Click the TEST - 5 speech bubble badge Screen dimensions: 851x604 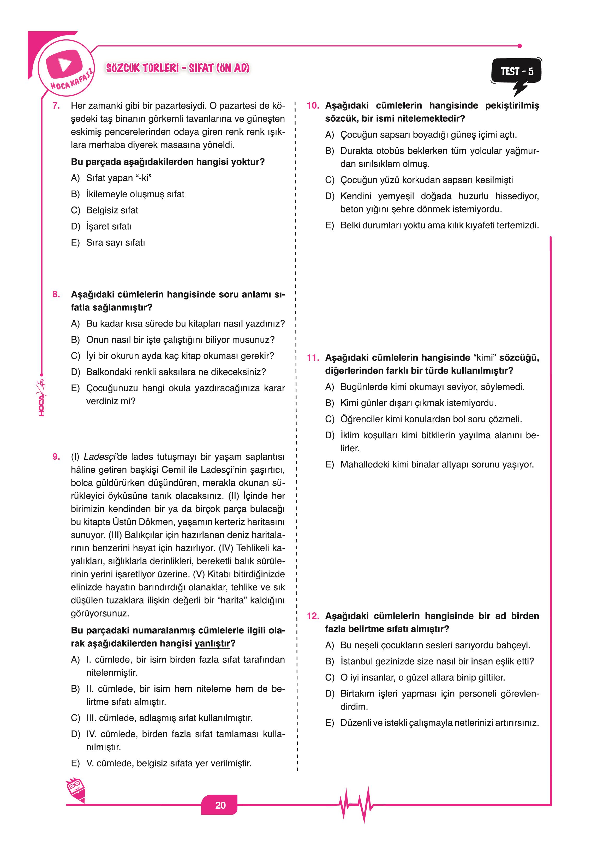point(517,72)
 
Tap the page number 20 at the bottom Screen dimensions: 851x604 point(220,805)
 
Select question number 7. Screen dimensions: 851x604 point(56,106)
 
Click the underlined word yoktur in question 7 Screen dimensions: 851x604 point(245,162)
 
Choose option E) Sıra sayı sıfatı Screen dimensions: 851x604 point(115,243)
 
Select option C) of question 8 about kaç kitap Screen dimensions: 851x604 point(180,356)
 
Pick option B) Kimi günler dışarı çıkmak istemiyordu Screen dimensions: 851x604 point(418,403)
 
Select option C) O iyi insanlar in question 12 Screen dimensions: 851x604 point(422,677)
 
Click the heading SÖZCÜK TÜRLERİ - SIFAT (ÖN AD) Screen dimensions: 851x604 point(178,68)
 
